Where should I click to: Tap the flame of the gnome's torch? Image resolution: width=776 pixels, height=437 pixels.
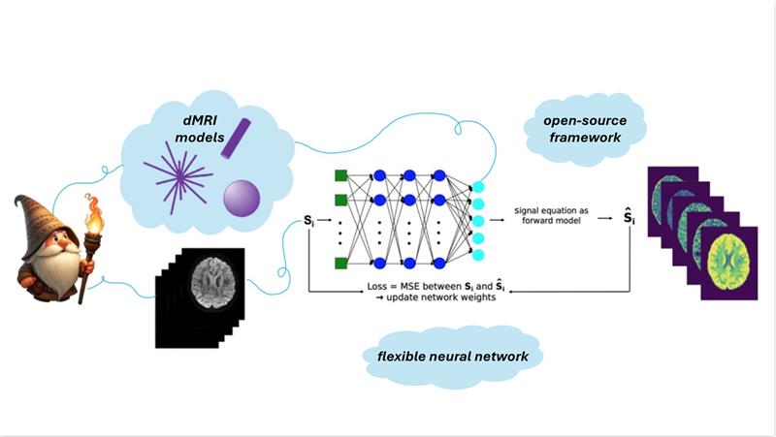click(94, 212)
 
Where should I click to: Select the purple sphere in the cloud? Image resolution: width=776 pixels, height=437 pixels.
click(240, 199)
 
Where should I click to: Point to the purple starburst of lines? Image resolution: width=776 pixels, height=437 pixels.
click(178, 177)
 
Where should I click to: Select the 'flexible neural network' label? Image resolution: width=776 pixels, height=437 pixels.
click(453, 357)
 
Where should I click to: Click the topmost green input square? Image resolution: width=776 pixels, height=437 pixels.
click(340, 175)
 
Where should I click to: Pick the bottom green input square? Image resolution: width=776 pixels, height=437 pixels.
click(340, 263)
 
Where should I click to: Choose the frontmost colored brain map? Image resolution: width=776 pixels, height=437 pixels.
click(727, 262)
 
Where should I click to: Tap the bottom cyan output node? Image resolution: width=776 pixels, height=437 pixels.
click(477, 255)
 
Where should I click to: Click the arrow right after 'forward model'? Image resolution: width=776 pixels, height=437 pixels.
click(603, 219)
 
